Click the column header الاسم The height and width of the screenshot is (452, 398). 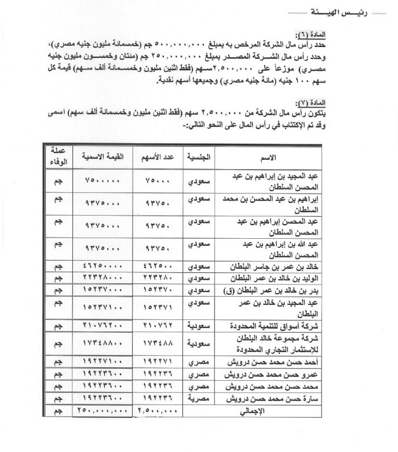point(265,158)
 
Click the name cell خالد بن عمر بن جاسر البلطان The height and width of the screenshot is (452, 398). point(265,266)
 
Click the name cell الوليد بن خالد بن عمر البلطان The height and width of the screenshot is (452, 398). point(265,278)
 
